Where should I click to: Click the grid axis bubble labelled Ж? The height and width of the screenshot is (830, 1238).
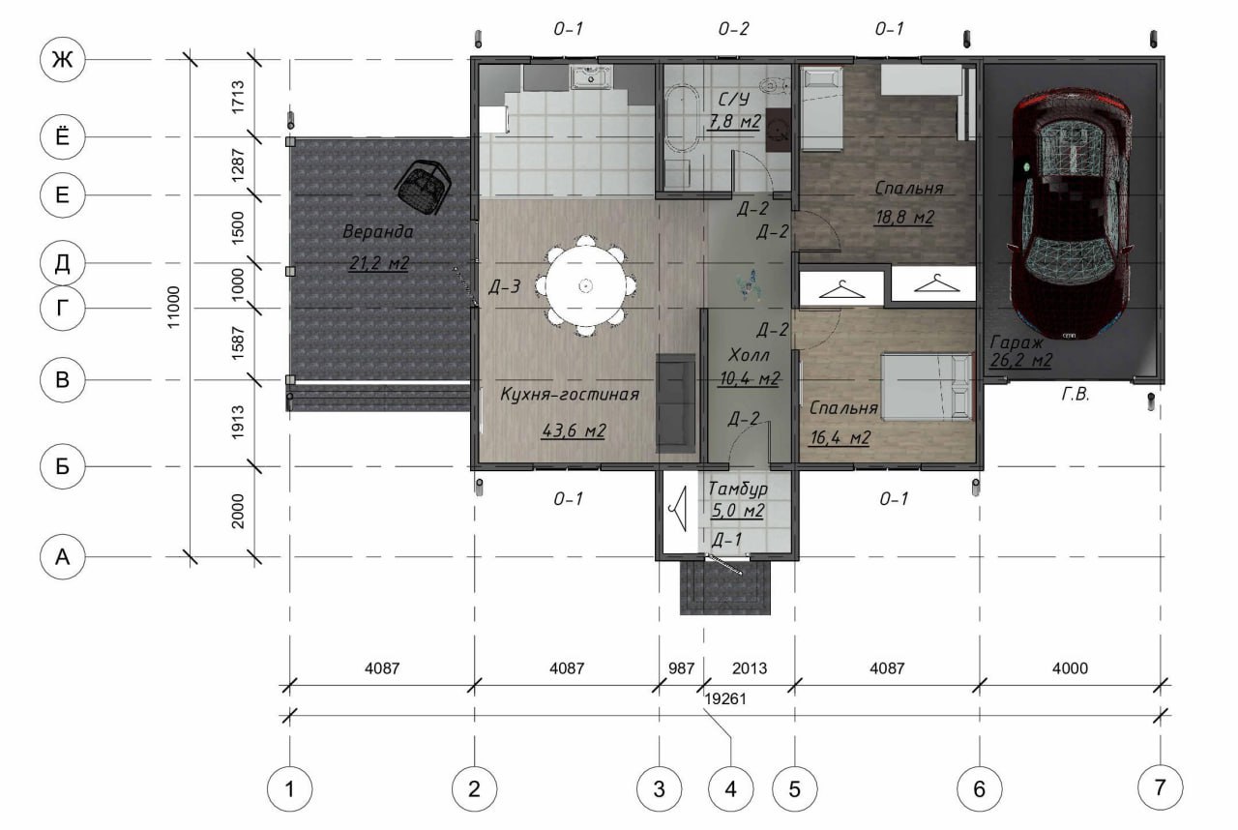[63, 59]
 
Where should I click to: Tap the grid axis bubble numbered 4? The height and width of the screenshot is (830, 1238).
[730, 788]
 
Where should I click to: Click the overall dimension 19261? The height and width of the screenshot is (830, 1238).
[725, 699]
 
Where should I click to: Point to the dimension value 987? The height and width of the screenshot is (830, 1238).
[681, 668]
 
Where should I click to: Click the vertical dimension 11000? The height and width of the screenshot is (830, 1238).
[173, 308]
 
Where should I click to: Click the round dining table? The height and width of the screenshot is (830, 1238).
[586, 285]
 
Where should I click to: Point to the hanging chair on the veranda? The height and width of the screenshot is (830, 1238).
[423, 187]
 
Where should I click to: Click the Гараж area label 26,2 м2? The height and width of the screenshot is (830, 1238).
[1020, 360]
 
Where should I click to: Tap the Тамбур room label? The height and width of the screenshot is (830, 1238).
[738, 489]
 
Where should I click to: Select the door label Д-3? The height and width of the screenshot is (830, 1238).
[505, 286]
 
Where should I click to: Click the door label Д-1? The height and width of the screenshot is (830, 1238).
[726, 540]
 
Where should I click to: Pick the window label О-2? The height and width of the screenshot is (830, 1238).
[733, 29]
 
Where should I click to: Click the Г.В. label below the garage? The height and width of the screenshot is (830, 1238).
[1075, 394]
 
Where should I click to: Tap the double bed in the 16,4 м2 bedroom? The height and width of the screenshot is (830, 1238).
[927, 386]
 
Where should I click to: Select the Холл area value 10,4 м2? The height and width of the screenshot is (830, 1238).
[749, 378]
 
